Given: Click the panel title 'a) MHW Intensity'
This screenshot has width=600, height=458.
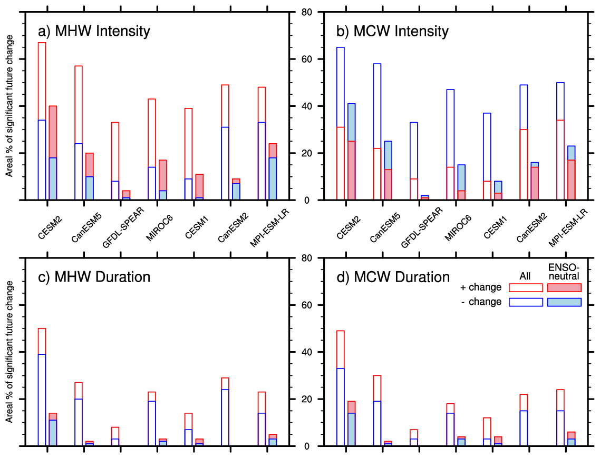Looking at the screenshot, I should (x=94, y=31).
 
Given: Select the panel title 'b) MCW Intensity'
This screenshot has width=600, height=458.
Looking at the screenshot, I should (x=392, y=31).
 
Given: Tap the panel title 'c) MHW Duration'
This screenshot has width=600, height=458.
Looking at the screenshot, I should (x=94, y=277).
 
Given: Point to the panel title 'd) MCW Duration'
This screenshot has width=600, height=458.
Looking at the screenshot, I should (x=393, y=277).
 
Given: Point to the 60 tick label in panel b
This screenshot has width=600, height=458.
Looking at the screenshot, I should (x=307, y=59).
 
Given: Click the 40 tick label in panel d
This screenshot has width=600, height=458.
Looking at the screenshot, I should (x=307, y=352).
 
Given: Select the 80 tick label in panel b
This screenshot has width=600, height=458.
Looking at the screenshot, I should (x=307, y=12).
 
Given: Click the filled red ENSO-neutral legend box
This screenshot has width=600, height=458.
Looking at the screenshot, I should (x=564, y=287).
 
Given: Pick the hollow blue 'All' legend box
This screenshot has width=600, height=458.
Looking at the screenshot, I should (x=526, y=302).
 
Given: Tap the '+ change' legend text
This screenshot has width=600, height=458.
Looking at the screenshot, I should (x=481, y=287).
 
